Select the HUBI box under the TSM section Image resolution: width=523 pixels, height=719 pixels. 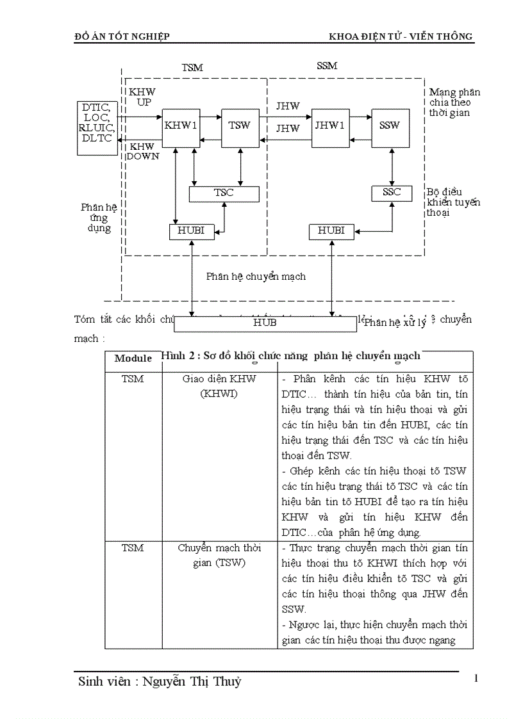click(190, 231)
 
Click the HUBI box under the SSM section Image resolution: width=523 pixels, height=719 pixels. click(331, 231)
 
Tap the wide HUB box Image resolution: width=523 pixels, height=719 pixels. click(265, 323)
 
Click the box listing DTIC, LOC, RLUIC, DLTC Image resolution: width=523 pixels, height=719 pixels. click(97, 127)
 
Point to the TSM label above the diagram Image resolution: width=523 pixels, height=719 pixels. click(192, 67)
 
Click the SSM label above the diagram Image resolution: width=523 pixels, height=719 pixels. click(327, 66)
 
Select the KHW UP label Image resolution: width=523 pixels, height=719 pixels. click(142, 97)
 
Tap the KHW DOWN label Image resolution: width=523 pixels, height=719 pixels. click(142, 151)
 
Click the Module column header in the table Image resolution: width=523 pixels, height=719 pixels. click(133, 359)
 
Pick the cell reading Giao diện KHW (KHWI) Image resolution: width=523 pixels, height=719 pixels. click(219, 385)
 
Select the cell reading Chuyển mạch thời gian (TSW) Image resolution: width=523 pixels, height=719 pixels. click(219, 555)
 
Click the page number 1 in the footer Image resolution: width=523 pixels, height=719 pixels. click(476, 679)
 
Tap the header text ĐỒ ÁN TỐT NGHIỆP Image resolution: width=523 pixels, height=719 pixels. click(122, 36)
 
